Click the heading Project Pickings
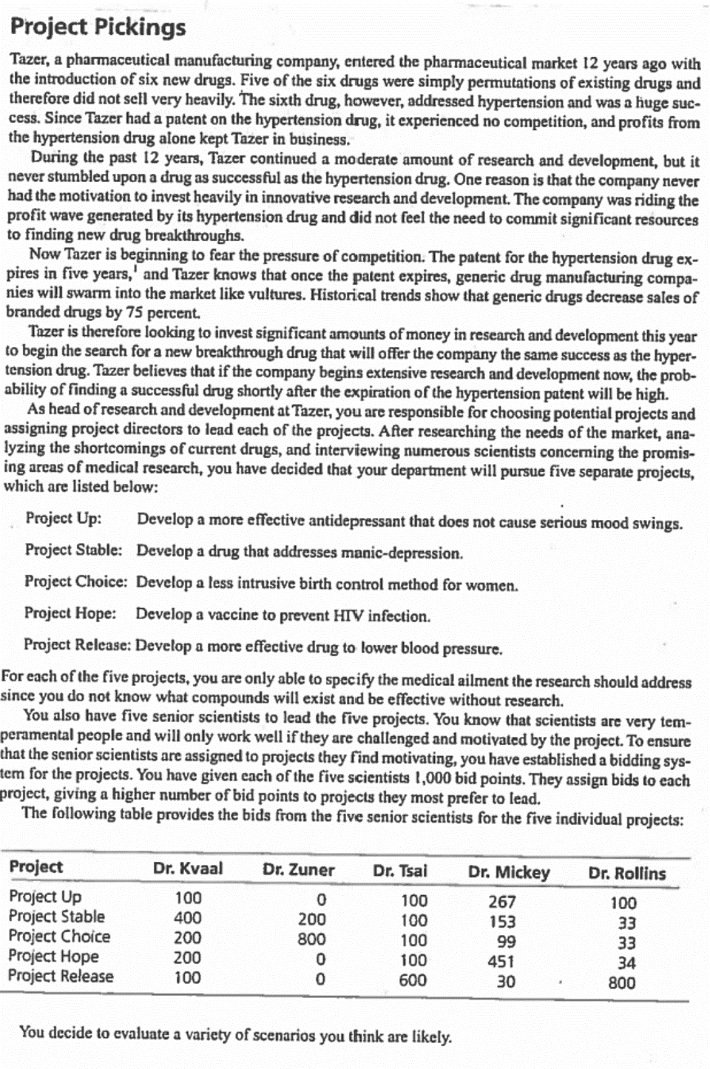click(98, 27)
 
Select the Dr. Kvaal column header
click(188, 869)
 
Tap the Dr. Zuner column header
click(298, 870)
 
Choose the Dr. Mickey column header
click(509, 872)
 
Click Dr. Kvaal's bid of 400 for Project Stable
click(187, 918)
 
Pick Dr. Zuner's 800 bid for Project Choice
click(311, 939)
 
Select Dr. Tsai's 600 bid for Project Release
click(413, 980)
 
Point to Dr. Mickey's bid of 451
click(501, 962)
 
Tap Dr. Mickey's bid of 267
click(502, 902)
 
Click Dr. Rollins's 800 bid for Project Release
click(621, 982)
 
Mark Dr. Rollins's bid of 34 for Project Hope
click(626, 962)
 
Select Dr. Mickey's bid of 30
click(506, 982)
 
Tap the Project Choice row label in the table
click(59, 937)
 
